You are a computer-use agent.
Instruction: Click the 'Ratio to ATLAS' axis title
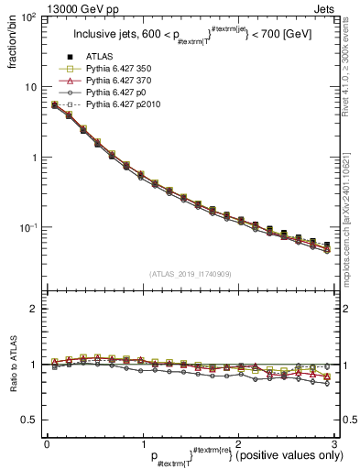point(12,364)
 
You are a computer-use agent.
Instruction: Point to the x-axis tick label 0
point(47,443)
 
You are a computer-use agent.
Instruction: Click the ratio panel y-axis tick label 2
point(33,309)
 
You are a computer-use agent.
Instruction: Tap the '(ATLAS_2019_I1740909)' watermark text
point(190,274)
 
